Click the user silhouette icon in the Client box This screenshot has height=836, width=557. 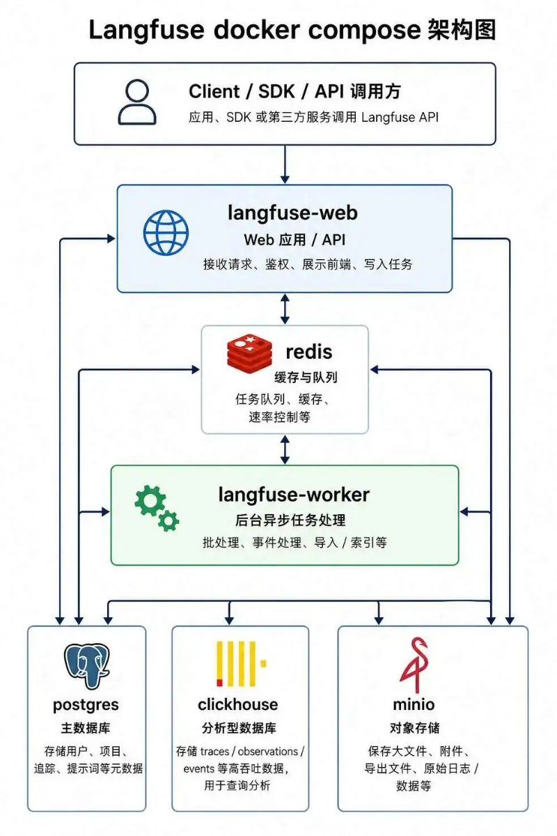pyautogui.click(x=137, y=102)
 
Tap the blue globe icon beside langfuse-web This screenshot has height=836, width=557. pyautogui.click(x=166, y=232)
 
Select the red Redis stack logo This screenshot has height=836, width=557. pyautogui.click(x=249, y=351)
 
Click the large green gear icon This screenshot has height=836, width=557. pyautogui.click(x=150, y=501)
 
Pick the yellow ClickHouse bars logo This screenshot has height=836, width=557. pyautogui.click(x=242, y=664)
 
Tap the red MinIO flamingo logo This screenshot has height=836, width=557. pyautogui.click(x=414, y=665)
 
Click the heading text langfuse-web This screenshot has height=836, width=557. pyautogui.click(x=293, y=213)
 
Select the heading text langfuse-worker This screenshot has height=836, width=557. pyautogui.click(x=294, y=495)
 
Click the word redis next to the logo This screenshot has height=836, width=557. pyautogui.click(x=309, y=352)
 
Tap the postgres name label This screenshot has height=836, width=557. pyautogui.click(x=86, y=705)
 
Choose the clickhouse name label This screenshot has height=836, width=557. pyautogui.click(x=238, y=704)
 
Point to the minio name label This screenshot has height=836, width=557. pyautogui.click(x=414, y=704)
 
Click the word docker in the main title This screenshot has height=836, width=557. pyautogui.click(x=257, y=30)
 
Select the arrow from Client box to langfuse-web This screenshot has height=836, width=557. pyautogui.click(x=285, y=164)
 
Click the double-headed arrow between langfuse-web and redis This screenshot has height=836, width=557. pyautogui.click(x=285, y=309)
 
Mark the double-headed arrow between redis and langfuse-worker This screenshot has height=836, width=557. pyautogui.click(x=285, y=449)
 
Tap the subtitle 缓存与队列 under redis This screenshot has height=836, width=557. pyautogui.click(x=306, y=378)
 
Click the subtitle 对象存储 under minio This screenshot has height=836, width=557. pyautogui.click(x=414, y=728)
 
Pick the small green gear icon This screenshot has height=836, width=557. pyautogui.click(x=168, y=520)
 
